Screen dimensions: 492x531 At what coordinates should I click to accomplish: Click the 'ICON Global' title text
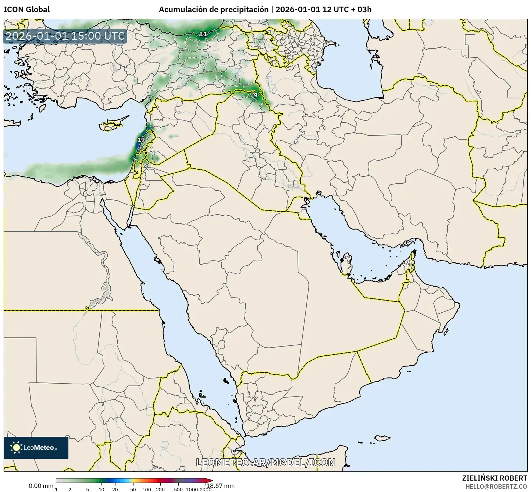point(26,10)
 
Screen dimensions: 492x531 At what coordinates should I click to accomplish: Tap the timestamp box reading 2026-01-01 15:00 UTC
point(65,36)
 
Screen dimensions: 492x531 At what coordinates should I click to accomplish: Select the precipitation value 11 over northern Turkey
point(203,34)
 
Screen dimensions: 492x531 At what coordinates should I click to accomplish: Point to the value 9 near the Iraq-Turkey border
point(255,95)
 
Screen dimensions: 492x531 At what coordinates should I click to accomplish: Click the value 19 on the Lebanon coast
point(141,140)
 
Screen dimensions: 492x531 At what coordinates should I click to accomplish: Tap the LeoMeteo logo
point(36,448)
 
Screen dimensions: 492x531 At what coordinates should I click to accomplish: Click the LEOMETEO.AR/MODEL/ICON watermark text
point(265,462)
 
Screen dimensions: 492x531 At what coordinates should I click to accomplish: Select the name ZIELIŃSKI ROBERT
point(494,478)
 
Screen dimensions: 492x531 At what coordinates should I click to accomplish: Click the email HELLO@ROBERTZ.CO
point(496,486)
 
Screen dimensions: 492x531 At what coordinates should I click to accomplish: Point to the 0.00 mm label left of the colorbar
point(41,486)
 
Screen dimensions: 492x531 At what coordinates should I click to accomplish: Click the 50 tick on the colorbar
point(133,489)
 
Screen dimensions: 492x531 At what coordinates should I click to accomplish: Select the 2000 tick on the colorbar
point(206,489)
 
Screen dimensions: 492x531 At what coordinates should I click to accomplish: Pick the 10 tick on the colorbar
point(101,489)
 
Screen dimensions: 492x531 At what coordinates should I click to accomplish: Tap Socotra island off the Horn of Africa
point(382,438)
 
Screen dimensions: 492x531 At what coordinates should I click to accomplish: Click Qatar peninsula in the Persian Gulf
point(346,262)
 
